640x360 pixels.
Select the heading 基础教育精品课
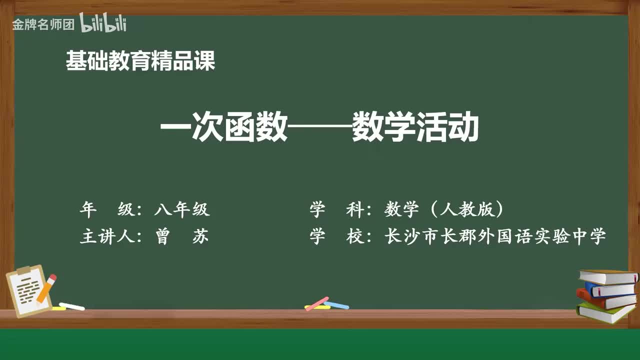coord(140,61)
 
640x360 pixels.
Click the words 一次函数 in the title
coord(223,129)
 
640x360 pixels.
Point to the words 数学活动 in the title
coord(415,129)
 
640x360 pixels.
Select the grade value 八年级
coord(182,210)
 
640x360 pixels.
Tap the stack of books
coord(606,295)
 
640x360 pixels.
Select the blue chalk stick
coord(336,304)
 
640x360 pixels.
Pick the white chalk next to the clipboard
coord(71,306)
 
